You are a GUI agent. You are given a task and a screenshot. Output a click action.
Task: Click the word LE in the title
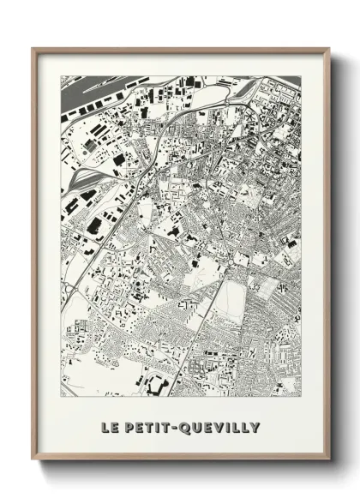[109, 427]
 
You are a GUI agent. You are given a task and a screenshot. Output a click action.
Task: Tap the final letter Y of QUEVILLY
[255, 427]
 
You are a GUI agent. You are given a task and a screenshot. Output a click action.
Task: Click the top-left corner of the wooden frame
[34, 50]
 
